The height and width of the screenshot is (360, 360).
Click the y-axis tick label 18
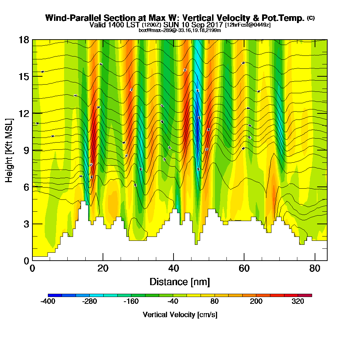pos(24,40)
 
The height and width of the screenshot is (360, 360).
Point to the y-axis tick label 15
pos(24,77)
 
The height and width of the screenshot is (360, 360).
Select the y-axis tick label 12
pos(24,113)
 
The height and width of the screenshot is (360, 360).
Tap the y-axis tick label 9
pos(26,150)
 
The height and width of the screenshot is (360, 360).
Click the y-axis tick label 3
pos(26,224)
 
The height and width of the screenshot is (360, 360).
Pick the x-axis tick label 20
pos(103,268)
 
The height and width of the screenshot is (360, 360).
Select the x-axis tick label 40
pos(174,268)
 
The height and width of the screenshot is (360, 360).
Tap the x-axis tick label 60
pos(244,268)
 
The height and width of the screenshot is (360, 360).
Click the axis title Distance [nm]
pos(180,282)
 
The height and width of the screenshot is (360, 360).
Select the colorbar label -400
pos(48,302)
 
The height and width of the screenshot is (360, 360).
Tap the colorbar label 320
pos(298,302)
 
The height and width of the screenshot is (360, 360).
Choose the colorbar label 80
pos(215,302)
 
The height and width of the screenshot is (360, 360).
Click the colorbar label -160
pos(131,302)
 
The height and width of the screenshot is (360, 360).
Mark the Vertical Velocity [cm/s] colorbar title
pos(180,315)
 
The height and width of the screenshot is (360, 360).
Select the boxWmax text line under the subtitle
pos(180,30)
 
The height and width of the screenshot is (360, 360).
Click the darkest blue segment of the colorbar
pos(55,295)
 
